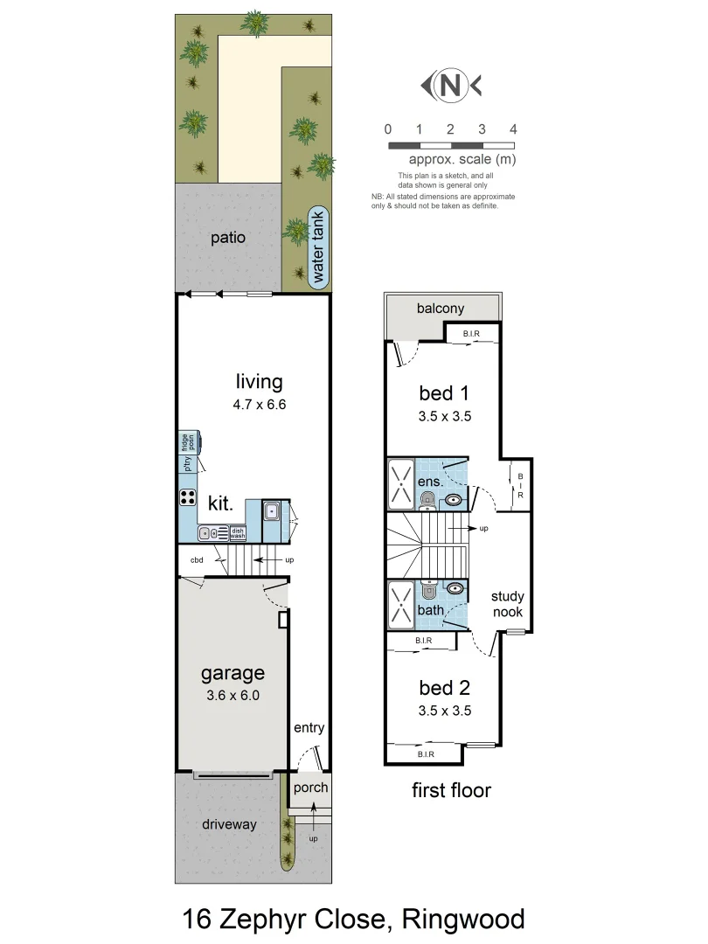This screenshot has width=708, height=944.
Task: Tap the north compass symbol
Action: click(x=450, y=86)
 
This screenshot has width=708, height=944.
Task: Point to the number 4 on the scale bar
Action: click(x=513, y=129)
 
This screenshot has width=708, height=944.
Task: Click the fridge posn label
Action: click(x=187, y=441)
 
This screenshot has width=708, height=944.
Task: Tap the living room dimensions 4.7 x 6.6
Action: click(x=260, y=405)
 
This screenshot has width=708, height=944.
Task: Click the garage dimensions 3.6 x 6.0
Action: click(x=233, y=697)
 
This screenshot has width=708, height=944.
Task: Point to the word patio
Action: click(x=227, y=238)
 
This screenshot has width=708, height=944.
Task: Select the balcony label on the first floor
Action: click(x=441, y=309)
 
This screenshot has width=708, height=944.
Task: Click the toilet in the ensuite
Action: click(x=427, y=499)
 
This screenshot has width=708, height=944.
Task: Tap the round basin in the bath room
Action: click(x=455, y=588)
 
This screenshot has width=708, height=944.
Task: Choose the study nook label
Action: click(x=507, y=604)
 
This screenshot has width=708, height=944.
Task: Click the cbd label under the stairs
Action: click(x=197, y=560)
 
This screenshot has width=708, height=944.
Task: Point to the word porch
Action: click(x=310, y=788)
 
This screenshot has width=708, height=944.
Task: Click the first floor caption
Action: click(x=451, y=790)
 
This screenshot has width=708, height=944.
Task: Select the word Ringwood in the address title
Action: click(x=463, y=920)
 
